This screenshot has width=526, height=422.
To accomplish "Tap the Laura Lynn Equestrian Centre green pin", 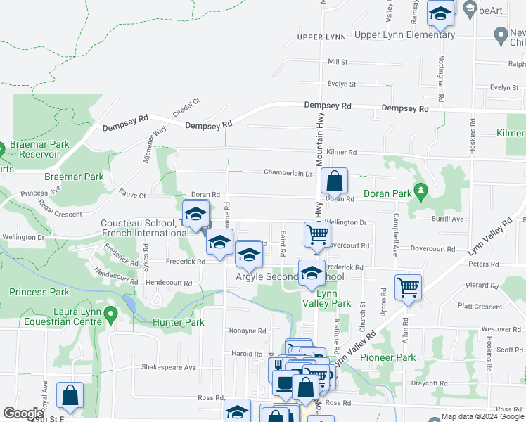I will point(110,314).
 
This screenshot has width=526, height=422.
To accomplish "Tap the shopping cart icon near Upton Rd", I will point(408,286).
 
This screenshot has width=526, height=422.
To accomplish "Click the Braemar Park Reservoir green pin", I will point(2,149).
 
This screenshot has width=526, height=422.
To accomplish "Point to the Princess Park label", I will point(39,292).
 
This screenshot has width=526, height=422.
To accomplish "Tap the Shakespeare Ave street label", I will point(169,367).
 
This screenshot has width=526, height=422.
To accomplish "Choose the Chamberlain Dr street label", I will point(288,172).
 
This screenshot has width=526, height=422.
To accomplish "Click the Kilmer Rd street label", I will point(342,152).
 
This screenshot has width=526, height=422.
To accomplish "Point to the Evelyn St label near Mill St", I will point(342,84).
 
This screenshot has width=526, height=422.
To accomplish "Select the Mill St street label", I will point(338,62).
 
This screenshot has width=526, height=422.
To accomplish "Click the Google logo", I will point(23,414).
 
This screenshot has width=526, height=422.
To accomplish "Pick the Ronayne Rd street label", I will point(248,330).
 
